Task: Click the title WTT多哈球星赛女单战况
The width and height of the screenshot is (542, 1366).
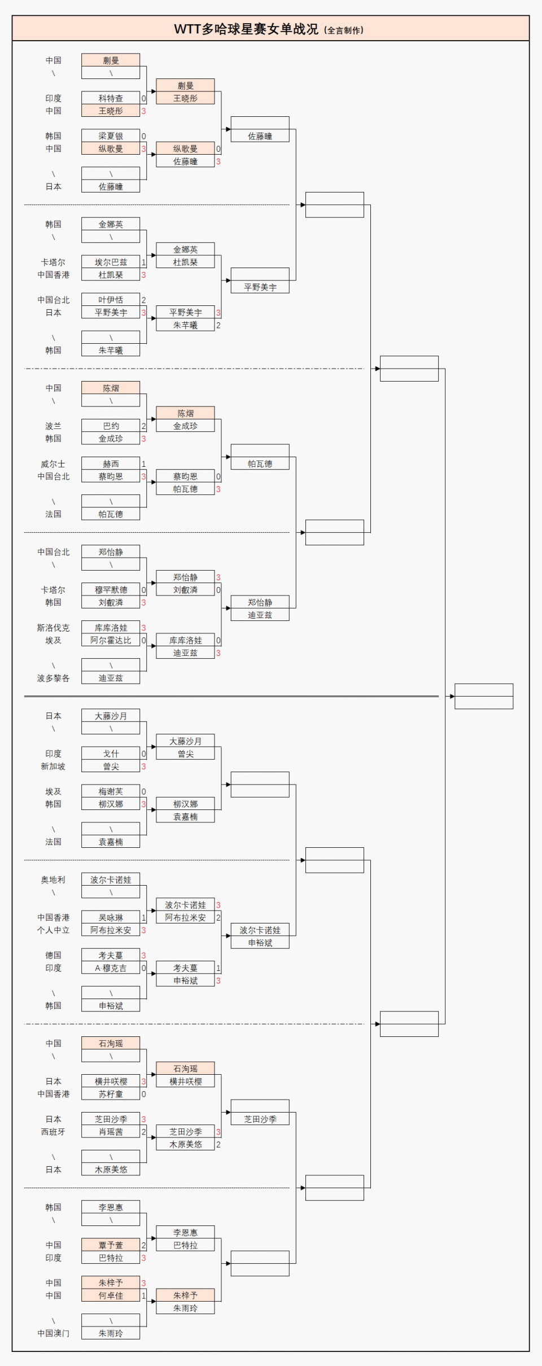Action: click(x=246, y=29)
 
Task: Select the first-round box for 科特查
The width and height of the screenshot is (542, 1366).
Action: click(x=111, y=98)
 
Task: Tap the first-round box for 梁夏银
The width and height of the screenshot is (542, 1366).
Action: click(x=111, y=136)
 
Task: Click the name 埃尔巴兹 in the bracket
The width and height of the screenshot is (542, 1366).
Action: click(x=111, y=262)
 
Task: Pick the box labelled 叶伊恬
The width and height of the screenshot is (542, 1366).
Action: click(x=111, y=300)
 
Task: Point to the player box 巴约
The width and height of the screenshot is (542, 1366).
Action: click(x=111, y=426)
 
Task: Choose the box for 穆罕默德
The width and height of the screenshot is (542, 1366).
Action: click(x=111, y=590)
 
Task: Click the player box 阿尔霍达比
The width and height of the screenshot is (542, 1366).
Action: click(x=111, y=641)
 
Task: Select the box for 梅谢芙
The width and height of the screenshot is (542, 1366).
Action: click(x=111, y=792)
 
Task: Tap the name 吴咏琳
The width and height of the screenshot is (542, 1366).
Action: click(x=111, y=918)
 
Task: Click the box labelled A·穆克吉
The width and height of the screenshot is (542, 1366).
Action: click(x=111, y=968)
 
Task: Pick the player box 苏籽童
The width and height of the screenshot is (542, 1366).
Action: click(x=111, y=1094)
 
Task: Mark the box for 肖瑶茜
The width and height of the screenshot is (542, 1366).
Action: click(x=111, y=1132)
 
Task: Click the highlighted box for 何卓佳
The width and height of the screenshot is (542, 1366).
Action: click(x=111, y=1295)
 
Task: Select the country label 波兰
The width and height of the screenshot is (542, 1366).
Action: click(x=54, y=426)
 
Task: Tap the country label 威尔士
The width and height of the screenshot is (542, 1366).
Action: click(x=54, y=464)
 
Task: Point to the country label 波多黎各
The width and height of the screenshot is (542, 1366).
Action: click(x=54, y=678)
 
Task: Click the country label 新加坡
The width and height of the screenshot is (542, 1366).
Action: click(x=54, y=767)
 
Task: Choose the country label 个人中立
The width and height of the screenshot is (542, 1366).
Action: click(x=54, y=930)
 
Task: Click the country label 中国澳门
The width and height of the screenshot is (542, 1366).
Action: click(x=54, y=1333)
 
